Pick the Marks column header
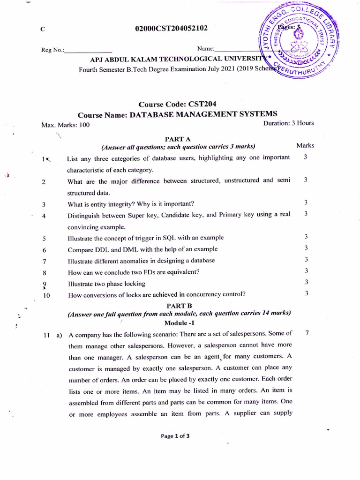[305, 145]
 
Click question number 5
[43, 238]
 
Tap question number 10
[45, 295]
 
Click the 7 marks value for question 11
[306, 333]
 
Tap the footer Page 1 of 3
[175, 435]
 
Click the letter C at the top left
[43, 29]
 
